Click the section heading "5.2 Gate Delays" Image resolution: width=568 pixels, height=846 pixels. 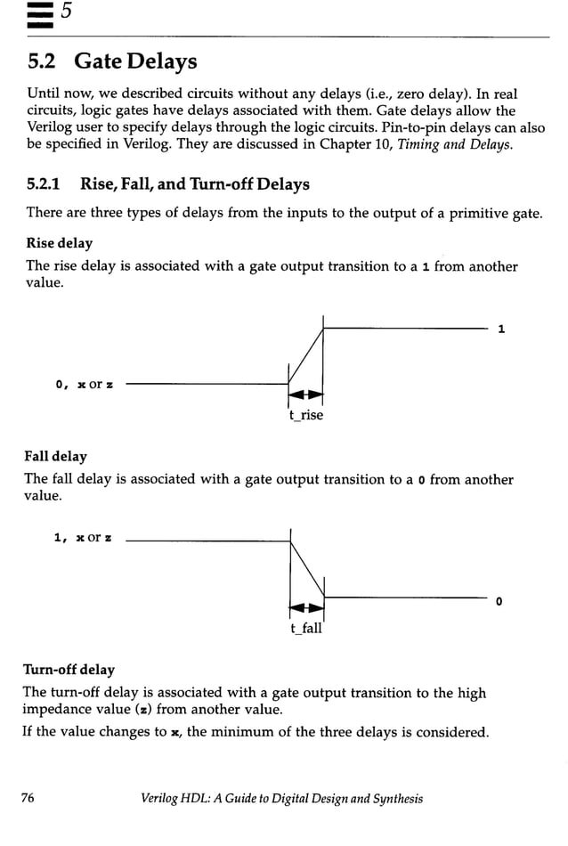tap(112, 62)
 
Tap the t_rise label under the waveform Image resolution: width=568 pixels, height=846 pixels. tap(306, 415)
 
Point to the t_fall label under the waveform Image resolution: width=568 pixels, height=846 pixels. tap(306, 629)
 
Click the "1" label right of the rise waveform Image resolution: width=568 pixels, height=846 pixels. tap(501, 329)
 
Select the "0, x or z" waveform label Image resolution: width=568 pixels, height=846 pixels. tap(85, 385)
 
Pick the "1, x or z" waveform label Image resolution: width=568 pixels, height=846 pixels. tap(85, 538)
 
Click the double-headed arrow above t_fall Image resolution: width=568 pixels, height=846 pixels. tap(306, 608)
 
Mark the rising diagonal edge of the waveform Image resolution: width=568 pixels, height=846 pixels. tap(306, 356)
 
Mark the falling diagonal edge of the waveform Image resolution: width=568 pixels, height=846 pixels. tap(307, 569)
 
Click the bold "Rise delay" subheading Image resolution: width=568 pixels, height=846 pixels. tap(59, 243)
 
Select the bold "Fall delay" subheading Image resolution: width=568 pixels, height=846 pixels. tap(57, 457)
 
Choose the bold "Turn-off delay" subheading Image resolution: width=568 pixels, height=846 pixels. tap(69, 670)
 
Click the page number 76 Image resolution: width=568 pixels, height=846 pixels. tap(28, 799)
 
